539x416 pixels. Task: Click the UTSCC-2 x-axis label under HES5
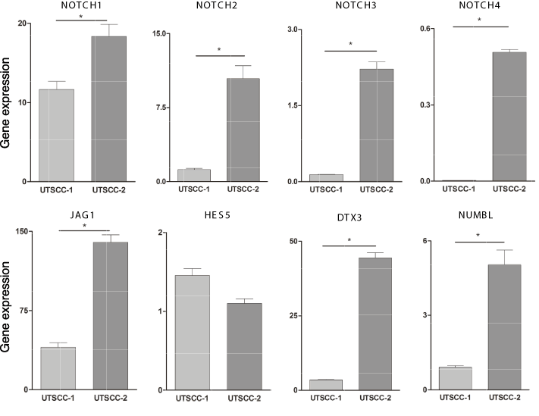(244, 399)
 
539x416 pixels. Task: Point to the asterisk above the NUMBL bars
(478, 236)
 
